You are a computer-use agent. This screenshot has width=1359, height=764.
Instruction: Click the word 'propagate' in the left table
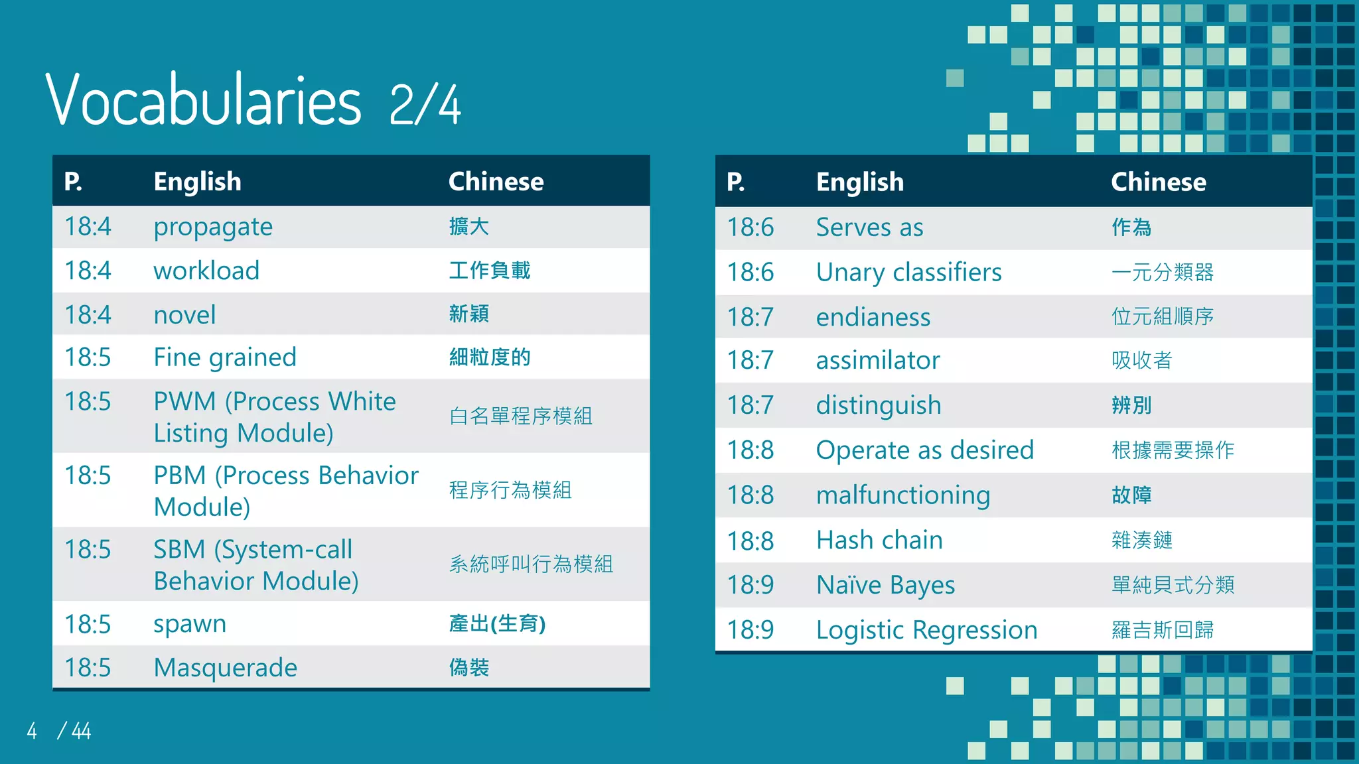(x=213, y=227)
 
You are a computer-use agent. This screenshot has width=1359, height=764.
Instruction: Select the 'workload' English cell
(x=206, y=271)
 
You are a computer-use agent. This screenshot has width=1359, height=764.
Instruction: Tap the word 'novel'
(x=184, y=314)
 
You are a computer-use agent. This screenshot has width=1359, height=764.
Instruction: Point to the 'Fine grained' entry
(x=225, y=357)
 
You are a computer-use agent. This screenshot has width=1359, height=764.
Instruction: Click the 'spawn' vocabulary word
(x=190, y=624)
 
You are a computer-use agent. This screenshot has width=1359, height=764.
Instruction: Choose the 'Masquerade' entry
(x=226, y=668)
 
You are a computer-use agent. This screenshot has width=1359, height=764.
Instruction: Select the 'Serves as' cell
(x=869, y=227)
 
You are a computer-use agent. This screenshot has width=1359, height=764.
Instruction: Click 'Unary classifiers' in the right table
(x=908, y=272)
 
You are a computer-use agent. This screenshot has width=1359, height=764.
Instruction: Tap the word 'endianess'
(x=873, y=317)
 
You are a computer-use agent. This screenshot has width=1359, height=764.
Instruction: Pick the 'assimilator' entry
(x=878, y=360)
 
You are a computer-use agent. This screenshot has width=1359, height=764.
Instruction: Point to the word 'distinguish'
(x=879, y=405)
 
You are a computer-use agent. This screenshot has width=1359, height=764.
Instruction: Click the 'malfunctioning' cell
(x=903, y=495)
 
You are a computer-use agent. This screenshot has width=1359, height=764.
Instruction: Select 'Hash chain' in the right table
(x=879, y=540)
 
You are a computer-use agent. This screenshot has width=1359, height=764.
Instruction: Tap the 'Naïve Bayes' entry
(x=885, y=585)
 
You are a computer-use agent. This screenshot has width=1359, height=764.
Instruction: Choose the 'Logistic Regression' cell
(x=926, y=630)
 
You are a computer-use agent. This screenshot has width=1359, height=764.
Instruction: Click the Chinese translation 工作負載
(x=490, y=271)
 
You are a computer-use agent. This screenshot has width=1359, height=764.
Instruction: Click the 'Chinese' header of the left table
(x=496, y=181)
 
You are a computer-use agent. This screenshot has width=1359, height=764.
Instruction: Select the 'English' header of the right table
(x=860, y=182)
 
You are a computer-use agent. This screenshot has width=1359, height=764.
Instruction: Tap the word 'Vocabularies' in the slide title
(x=203, y=101)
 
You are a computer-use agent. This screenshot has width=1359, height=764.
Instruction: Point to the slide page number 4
(x=32, y=731)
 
